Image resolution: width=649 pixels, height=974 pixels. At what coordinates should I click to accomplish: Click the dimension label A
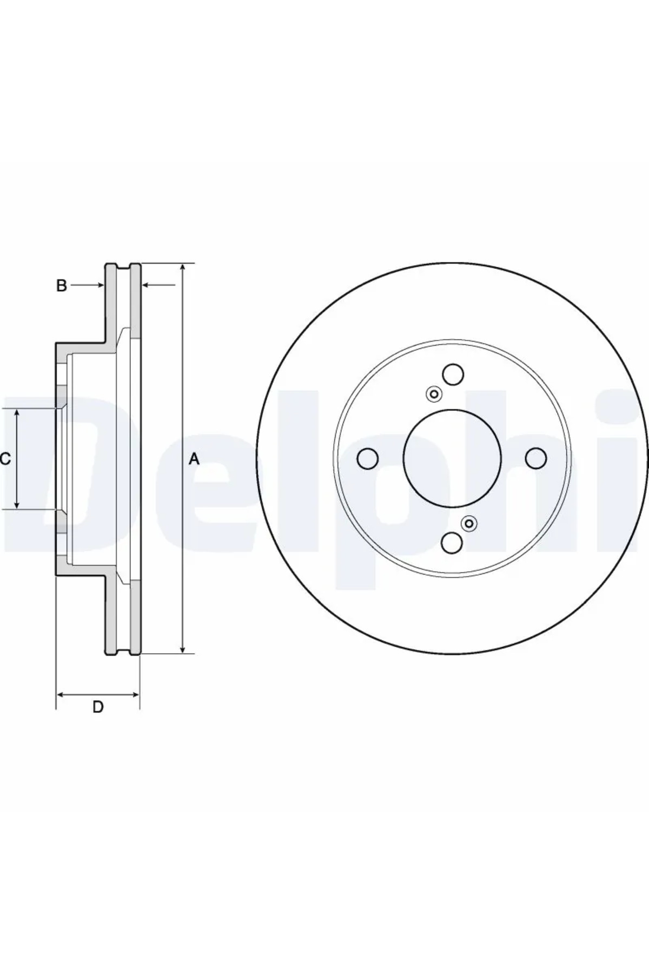point(194,459)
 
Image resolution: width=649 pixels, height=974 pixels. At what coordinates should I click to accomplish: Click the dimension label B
point(62,285)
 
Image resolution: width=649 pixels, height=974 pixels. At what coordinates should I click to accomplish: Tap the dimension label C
point(5,459)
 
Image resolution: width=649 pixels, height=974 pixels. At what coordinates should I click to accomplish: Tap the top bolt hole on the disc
point(453,374)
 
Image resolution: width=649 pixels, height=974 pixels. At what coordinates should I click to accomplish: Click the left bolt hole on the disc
point(368,459)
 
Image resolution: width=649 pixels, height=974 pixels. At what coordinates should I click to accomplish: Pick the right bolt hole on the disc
point(536,458)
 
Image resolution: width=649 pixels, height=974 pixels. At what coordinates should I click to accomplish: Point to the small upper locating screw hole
point(434,394)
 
